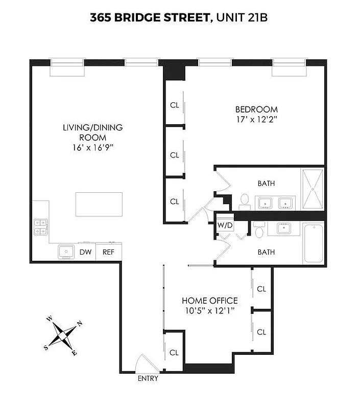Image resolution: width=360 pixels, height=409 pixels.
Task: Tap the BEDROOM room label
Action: [x=256, y=109]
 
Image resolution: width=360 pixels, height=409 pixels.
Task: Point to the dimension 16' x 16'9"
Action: [x=92, y=147]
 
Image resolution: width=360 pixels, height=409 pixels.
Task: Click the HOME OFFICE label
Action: [x=210, y=301]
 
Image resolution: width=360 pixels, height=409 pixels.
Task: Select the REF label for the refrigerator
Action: [x=108, y=252]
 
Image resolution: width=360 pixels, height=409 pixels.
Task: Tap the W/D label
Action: [x=224, y=225]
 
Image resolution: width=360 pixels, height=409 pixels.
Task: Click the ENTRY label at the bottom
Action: [x=148, y=379]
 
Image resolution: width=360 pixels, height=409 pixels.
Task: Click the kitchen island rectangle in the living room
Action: [x=99, y=204]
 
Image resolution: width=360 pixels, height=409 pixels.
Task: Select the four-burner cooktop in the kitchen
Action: [x=41, y=227]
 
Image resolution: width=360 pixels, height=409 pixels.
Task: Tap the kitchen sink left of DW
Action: [x=66, y=252]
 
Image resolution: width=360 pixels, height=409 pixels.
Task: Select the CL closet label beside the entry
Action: [x=174, y=352]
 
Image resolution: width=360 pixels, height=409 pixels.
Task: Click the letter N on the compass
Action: [x=79, y=324]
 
